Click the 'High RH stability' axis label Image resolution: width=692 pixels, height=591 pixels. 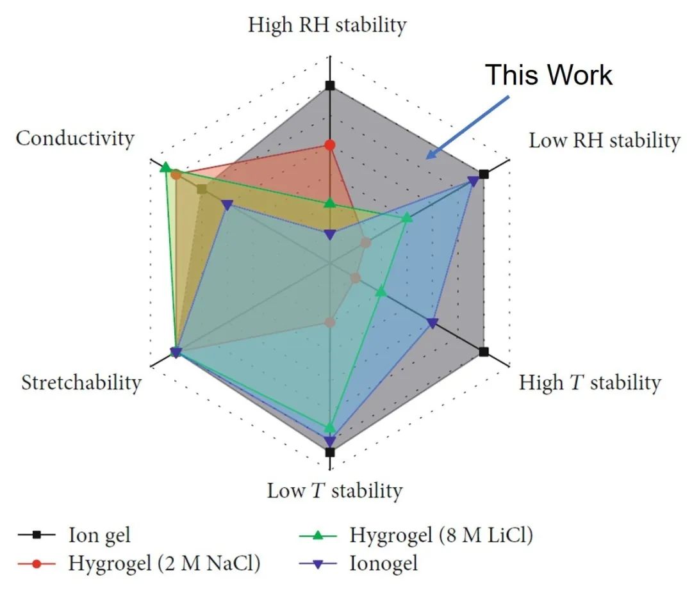point(327,26)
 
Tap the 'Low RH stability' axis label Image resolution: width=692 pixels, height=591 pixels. point(604,141)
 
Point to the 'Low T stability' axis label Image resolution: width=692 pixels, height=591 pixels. point(334,491)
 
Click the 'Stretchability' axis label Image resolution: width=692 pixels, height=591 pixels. point(81,383)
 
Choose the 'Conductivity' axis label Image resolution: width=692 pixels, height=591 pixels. point(75,138)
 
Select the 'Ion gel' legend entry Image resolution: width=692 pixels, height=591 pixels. point(103,533)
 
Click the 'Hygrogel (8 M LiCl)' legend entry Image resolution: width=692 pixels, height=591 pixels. point(441,533)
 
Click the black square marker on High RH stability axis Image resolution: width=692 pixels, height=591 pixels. point(330,86)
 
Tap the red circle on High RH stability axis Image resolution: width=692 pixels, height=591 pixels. point(330,145)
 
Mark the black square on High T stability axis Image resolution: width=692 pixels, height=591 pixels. point(484,352)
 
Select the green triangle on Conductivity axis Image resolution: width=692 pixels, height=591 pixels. point(165,168)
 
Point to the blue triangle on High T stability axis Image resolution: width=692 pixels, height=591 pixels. point(432,323)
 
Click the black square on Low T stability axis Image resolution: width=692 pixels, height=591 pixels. point(330,452)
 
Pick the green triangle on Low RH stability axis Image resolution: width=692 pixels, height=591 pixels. point(406,219)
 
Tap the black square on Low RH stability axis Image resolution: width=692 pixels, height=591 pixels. point(484,174)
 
